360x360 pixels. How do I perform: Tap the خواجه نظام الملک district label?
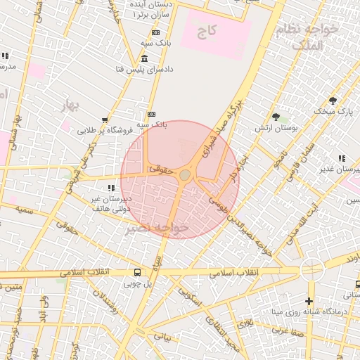click(x=308, y=37)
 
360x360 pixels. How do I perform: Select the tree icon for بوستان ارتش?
click(x=276, y=117)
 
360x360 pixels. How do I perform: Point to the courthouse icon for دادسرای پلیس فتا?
click(x=144, y=58)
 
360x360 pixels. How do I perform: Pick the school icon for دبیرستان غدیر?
click(x=342, y=159)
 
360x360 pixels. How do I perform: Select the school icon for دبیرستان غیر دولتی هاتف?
click(x=111, y=188)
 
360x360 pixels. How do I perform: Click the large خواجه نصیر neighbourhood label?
click(x=157, y=229)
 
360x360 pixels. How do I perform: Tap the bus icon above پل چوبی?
click(x=136, y=272)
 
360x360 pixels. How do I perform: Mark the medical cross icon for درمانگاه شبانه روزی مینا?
click(x=309, y=301)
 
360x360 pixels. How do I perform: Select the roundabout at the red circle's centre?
click(x=184, y=174)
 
